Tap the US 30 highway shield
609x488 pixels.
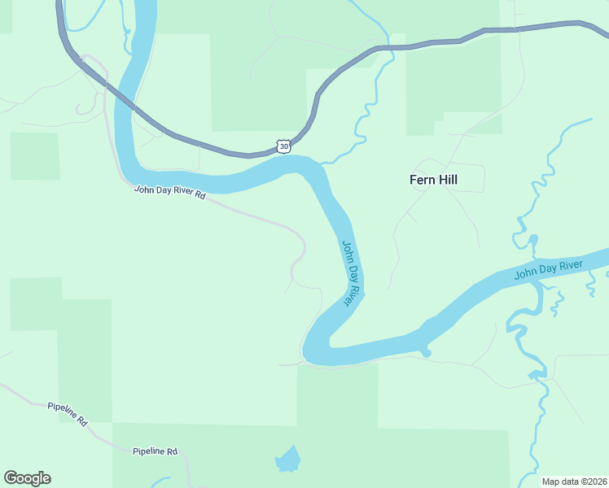click(x=283, y=146)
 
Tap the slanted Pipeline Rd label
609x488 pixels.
click(x=67, y=414)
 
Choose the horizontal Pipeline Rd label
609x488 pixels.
click(x=155, y=451)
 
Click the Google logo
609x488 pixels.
click(x=27, y=478)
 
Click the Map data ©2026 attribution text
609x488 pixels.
click(x=574, y=481)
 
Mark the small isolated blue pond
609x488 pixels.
click(x=287, y=460)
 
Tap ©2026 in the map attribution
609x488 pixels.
click(x=591, y=481)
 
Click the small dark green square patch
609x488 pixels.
click(x=35, y=156)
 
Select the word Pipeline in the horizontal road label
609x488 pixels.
click(x=148, y=451)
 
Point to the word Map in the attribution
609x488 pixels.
click(x=550, y=481)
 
